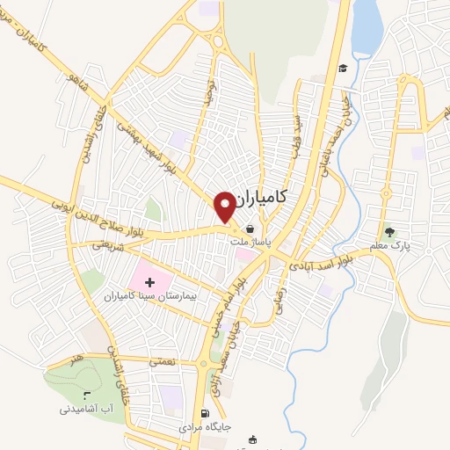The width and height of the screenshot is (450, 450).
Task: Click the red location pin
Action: (x=225, y=206)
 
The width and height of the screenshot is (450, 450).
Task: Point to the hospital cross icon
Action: (x=148, y=282)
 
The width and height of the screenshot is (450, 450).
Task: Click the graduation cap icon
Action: (x=343, y=69)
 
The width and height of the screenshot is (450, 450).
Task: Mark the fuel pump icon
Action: (x=205, y=413)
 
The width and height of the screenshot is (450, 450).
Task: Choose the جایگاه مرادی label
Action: (x=205, y=427)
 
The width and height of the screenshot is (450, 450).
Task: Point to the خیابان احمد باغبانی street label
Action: (x=353, y=133)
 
